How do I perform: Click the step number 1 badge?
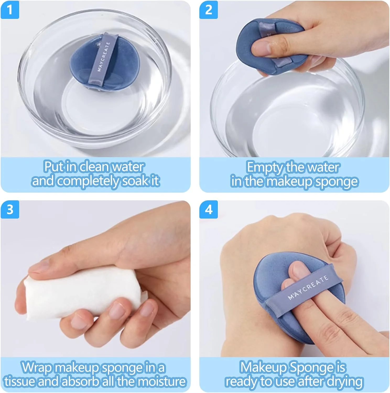click(10, 10)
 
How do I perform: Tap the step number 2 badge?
click(208, 10)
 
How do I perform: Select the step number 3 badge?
click(10, 209)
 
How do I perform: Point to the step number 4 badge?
click(208, 209)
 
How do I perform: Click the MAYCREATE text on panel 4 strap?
click(308, 287)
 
